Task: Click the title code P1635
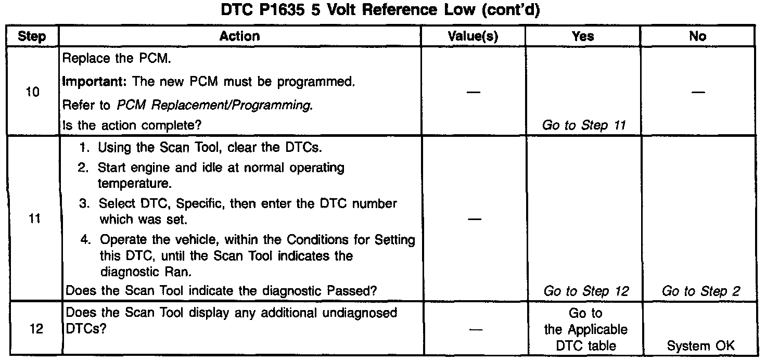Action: [x=282, y=11]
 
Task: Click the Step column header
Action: [x=31, y=36]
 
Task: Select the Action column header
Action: [x=239, y=36]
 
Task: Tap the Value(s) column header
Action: [x=473, y=36]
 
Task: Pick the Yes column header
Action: [x=583, y=36]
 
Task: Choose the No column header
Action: [x=697, y=36]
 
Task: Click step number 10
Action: [x=32, y=94]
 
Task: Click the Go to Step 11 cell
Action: [x=583, y=125]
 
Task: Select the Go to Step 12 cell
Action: [x=586, y=291]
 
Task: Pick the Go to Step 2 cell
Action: [x=700, y=291]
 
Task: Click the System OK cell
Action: [x=701, y=346]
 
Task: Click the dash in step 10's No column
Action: [x=698, y=92]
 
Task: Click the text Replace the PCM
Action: [x=116, y=58]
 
